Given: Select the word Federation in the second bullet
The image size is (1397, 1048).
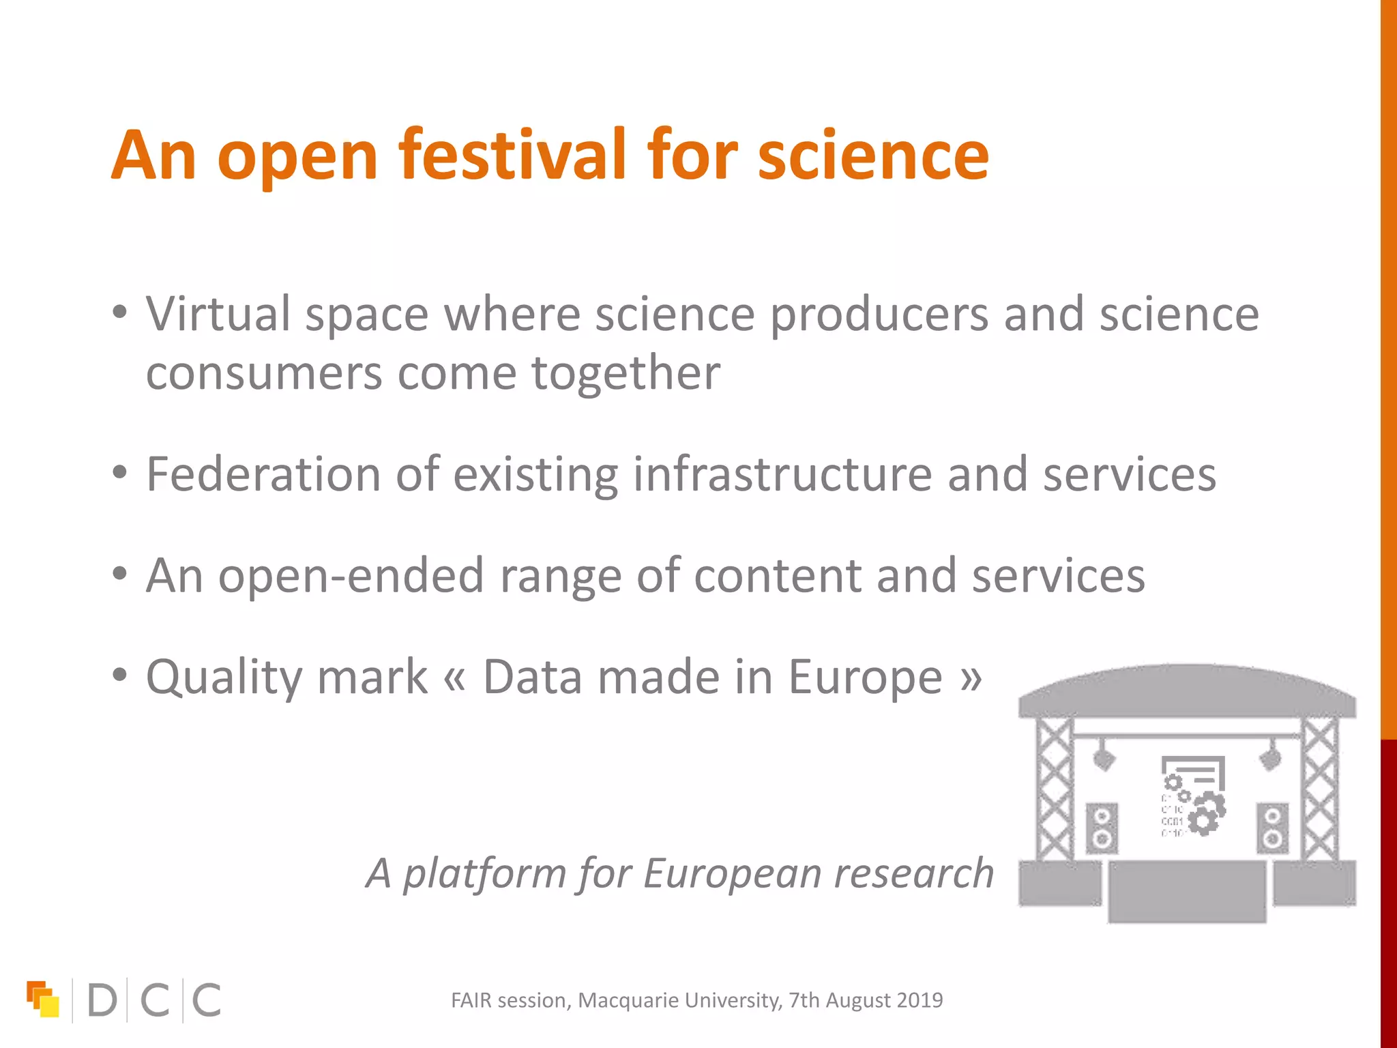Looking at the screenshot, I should [263, 474].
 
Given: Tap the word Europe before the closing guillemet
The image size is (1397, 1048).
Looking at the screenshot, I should [866, 678].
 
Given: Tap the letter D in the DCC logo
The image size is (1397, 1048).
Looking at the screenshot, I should [102, 1000].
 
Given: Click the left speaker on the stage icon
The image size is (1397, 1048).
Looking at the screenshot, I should [1102, 827].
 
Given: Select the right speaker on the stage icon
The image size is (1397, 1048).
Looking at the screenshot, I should [1273, 827].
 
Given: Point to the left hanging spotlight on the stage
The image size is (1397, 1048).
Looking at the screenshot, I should [1104, 758].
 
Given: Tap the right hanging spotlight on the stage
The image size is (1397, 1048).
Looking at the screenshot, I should [1270, 758].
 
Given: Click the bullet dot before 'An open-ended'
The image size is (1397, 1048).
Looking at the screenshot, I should [120, 574].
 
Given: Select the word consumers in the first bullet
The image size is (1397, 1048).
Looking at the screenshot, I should [264, 374].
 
